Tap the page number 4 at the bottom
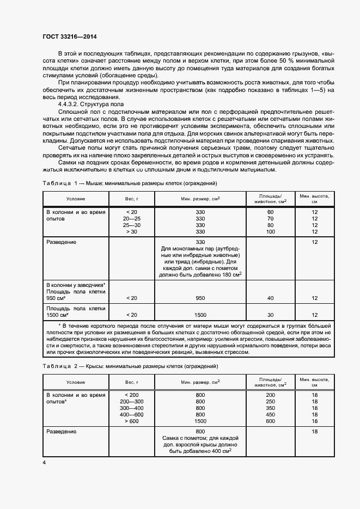click(x=44, y=462)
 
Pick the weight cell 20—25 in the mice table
click(x=132, y=218)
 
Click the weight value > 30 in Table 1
click(x=132, y=232)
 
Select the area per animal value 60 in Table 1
click(x=270, y=211)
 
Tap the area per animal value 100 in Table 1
click(x=270, y=232)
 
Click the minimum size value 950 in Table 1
click(x=200, y=298)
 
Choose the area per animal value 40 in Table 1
click(x=270, y=298)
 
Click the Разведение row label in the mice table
click(x=61, y=242)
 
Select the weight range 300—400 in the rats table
click(x=132, y=408)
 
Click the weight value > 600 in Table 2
click(x=132, y=421)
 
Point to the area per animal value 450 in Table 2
click(x=270, y=414)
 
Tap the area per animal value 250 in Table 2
click(x=270, y=401)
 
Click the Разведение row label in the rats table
click(x=61, y=431)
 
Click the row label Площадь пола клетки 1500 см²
click(x=75, y=311)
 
